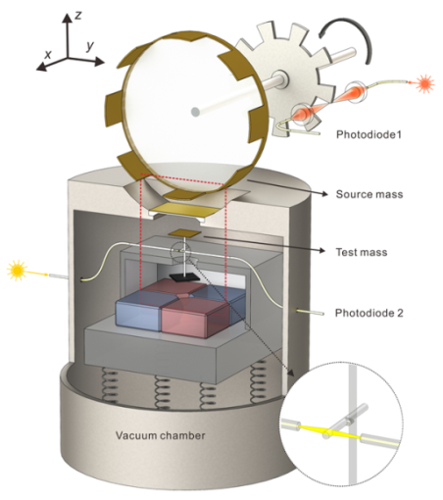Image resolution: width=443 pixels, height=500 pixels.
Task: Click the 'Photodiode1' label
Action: point(369,134)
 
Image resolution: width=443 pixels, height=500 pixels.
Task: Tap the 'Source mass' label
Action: point(369,194)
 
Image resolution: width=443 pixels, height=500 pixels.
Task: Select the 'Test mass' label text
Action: point(362,252)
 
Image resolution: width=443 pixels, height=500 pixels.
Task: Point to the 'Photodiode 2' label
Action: point(369,313)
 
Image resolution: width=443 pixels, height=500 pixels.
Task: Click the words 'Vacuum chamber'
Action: point(161,435)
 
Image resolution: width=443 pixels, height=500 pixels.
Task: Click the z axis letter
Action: point(78,15)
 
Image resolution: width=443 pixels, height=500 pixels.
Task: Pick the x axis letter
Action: point(48,54)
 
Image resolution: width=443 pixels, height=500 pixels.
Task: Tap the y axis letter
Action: point(90,46)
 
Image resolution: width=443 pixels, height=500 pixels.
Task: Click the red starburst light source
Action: point(424,83)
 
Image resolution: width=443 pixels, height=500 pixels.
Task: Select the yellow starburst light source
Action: point(17,270)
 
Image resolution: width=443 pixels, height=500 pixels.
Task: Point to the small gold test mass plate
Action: point(184,233)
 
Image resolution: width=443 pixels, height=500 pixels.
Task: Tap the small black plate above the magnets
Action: point(183,277)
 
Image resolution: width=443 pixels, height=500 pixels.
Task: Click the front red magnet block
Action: point(194,318)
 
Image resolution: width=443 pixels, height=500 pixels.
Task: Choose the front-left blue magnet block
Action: point(139,310)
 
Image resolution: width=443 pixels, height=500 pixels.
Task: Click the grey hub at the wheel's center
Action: point(195,112)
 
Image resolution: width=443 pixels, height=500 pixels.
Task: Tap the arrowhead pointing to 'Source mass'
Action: point(324,194)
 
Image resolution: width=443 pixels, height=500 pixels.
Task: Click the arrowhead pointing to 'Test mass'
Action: point(322,251)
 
